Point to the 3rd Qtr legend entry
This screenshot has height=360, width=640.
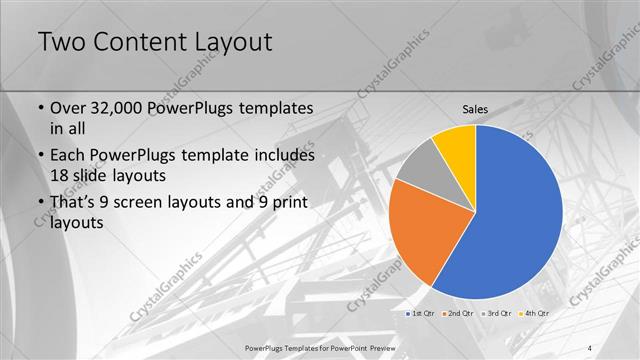[497, 313]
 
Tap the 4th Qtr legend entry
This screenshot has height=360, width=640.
[535, 313]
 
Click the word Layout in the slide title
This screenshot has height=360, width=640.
[238, 43]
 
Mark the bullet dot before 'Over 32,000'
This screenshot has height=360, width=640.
[39, 108]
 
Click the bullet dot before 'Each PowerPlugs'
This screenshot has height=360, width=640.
[39, 157]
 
